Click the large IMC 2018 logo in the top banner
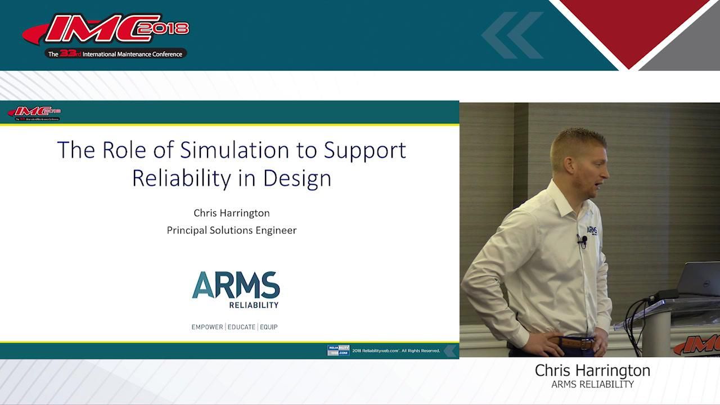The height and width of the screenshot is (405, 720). tap(106, 30)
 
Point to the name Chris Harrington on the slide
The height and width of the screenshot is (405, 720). tap(231, 213)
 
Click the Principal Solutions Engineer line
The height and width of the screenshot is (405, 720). tap(231, 230)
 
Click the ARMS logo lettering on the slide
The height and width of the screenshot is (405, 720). tap(236, 285)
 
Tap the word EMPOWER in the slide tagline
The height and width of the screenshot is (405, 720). tap(207, 327)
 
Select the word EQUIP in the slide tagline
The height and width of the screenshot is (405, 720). tap(269, 327)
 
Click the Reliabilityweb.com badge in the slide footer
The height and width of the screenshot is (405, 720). tap(338, 350)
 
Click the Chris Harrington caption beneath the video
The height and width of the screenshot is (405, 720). tap(592, 371)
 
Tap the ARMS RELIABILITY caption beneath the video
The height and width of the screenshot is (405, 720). tap(592, 385)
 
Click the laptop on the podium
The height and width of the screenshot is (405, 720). tap(697, 279)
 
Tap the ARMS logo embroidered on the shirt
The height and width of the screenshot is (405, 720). tap(592, 231)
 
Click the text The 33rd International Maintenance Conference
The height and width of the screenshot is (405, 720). tap(115, 54)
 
